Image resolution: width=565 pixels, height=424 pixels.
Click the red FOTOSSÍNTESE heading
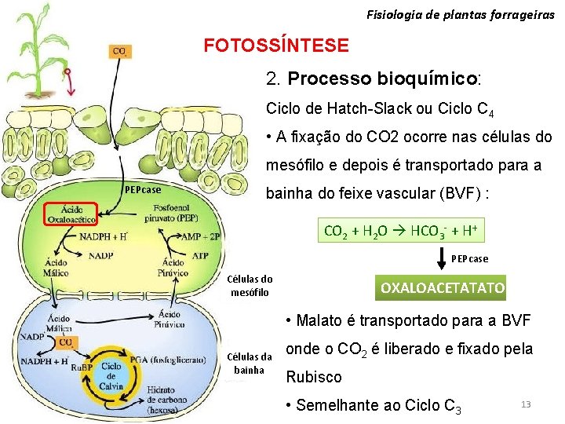point(276,46)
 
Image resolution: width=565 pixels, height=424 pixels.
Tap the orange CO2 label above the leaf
point(120,52)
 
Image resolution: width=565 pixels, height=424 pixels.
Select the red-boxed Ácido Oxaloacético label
point(69,214)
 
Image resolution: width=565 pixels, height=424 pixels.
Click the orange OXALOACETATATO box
point(443,288)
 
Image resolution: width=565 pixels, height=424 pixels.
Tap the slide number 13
point(526,404)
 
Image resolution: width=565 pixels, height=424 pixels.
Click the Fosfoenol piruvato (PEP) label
point(176,212)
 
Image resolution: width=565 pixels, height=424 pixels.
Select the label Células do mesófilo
point(250,286)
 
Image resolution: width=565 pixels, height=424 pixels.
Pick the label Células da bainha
point(250,364)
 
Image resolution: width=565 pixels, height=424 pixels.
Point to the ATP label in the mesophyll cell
point(200,255)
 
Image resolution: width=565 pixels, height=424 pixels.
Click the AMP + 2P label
point(199,236)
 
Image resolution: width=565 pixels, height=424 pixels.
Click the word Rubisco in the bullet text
point(314,377)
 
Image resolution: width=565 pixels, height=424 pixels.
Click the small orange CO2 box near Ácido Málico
point(67,342)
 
